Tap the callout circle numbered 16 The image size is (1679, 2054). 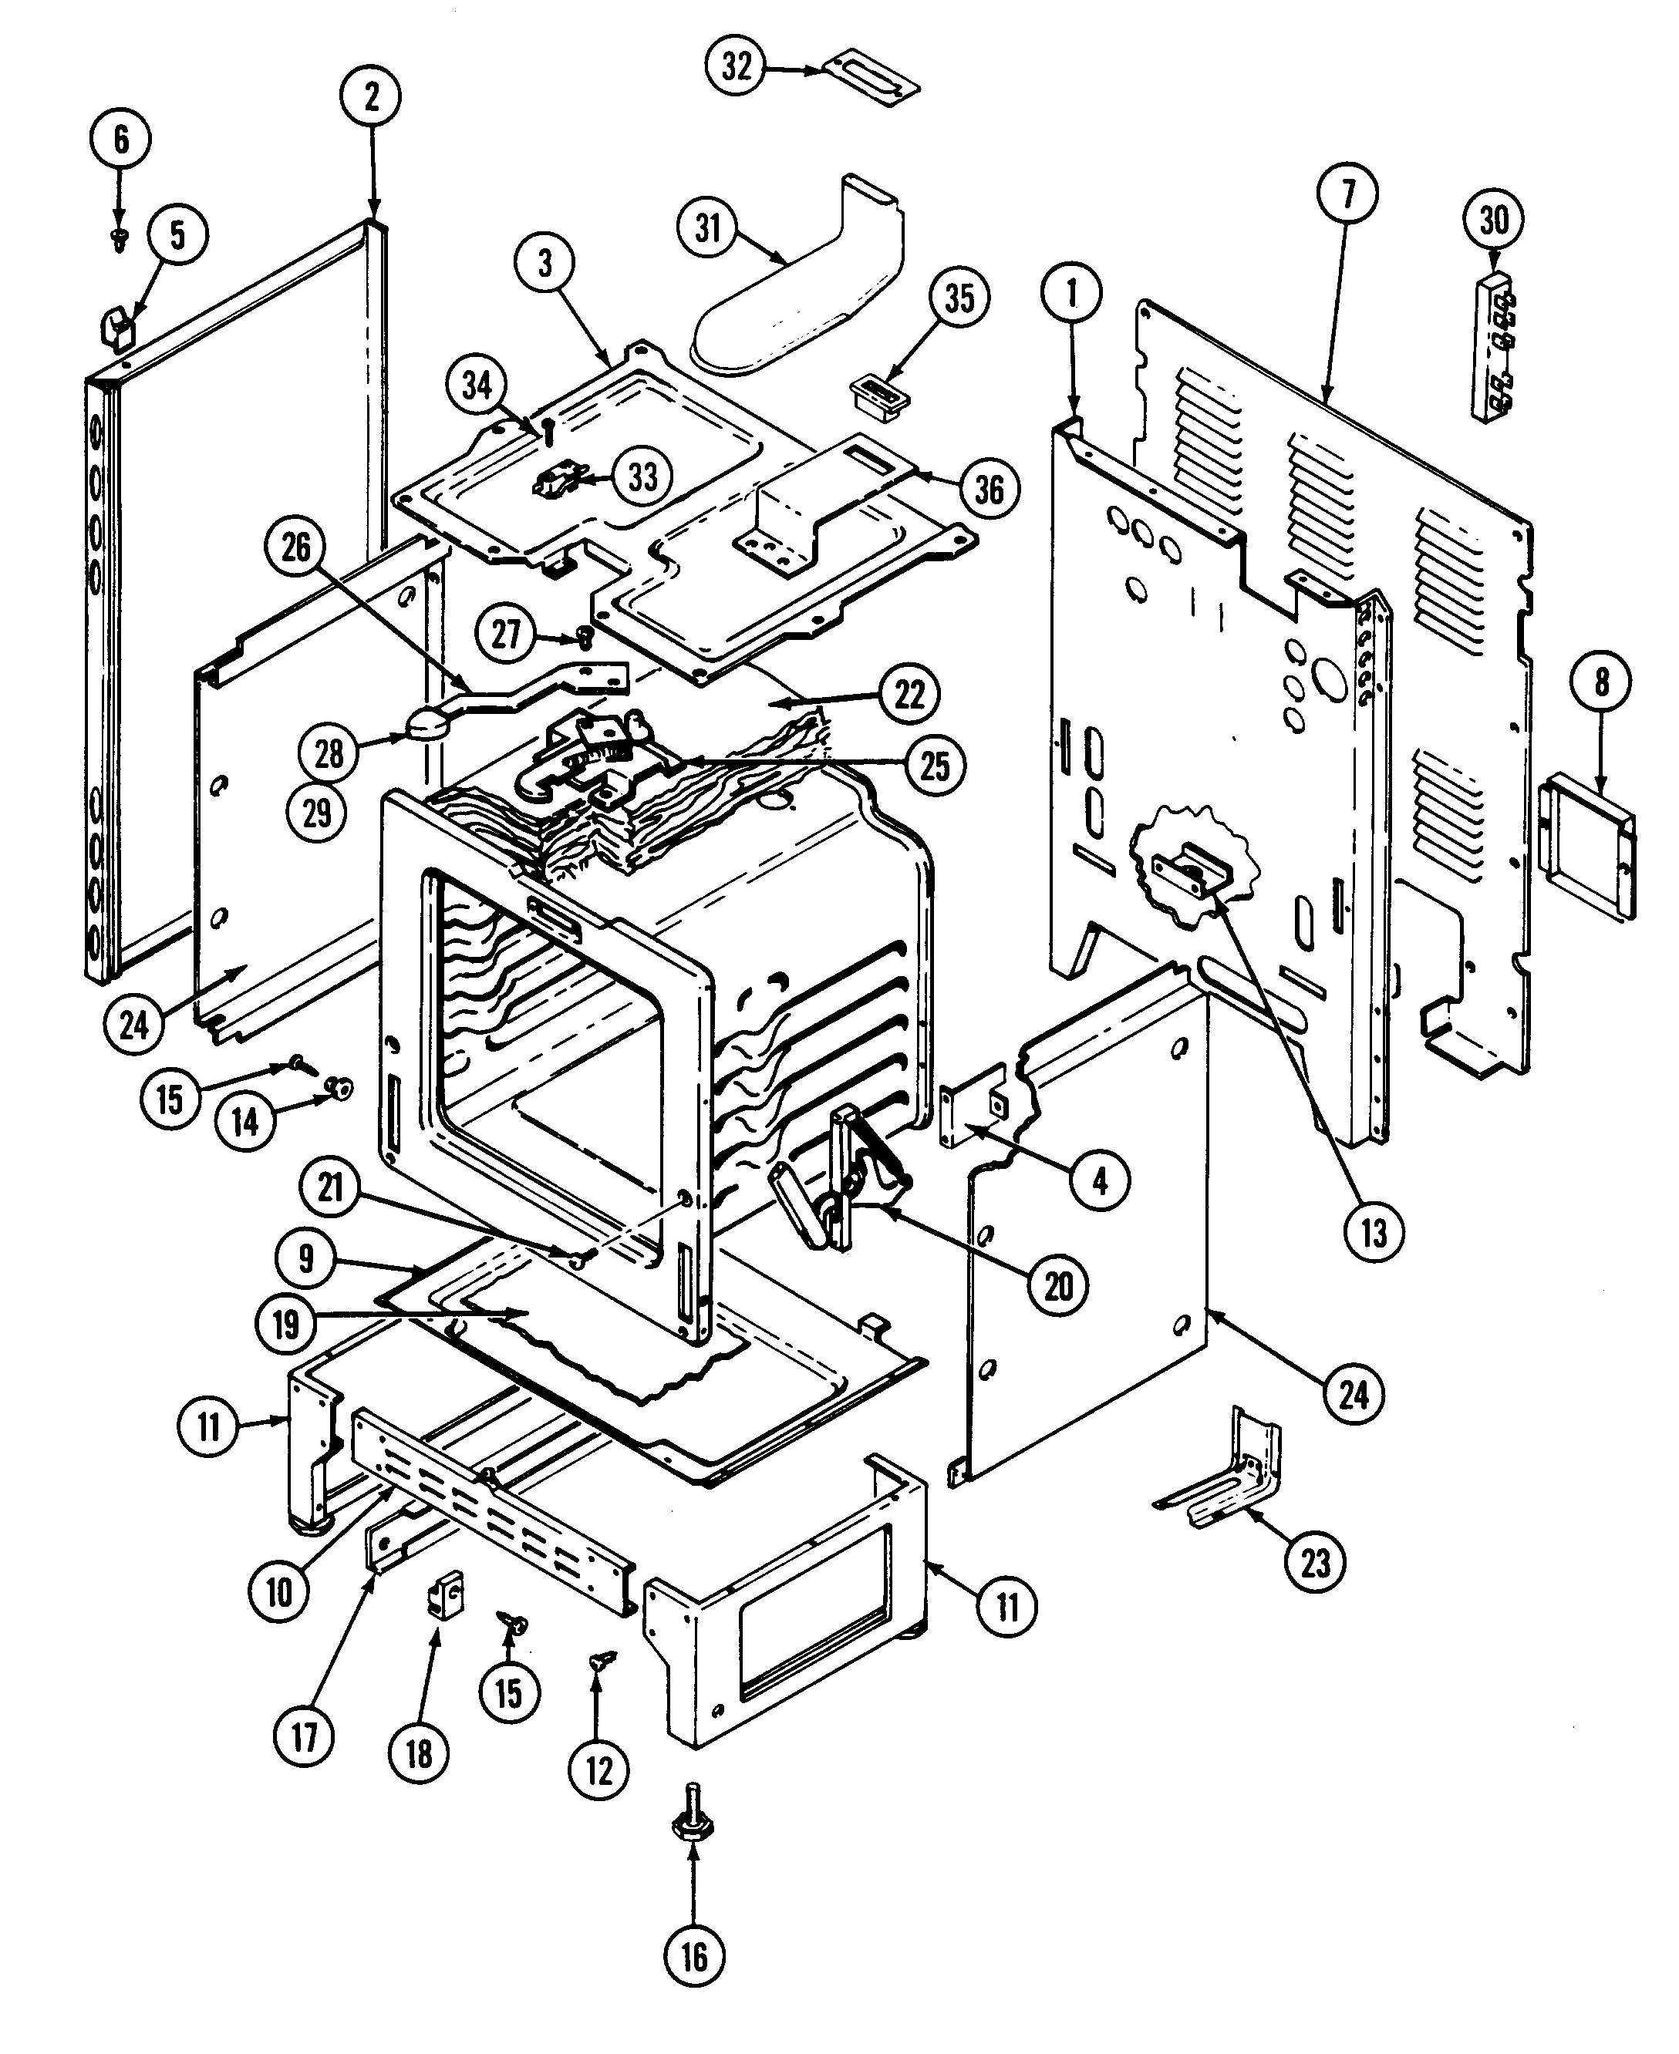tap(694, 1958)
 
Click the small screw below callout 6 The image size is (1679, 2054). tap(120, 239)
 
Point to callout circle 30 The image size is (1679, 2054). tap(1493, 221)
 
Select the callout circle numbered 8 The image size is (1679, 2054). tap(1602, 682)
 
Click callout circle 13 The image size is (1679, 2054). tap(1374, 1233)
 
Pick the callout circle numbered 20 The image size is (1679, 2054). tap(1059, 1286)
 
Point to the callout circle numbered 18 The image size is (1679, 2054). tap(419, 1753)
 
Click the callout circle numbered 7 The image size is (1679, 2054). tap(1348, 194)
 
